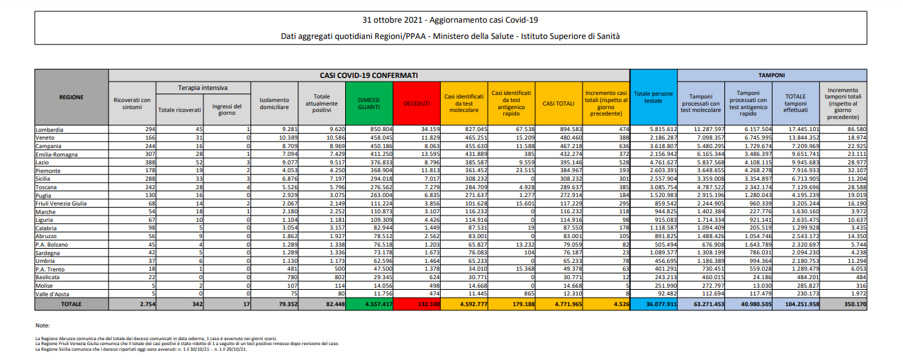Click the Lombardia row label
[50, 130]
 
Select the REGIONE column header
[72, 97]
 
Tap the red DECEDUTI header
[417, 103]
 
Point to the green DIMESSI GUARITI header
[369, 103]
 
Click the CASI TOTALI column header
[559, 103]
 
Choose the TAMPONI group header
[771, 74]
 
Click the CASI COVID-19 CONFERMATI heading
[369, 74]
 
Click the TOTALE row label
[72, 304]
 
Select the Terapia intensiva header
[203, 88]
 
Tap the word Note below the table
[42, 325]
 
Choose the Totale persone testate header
[654, 97]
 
